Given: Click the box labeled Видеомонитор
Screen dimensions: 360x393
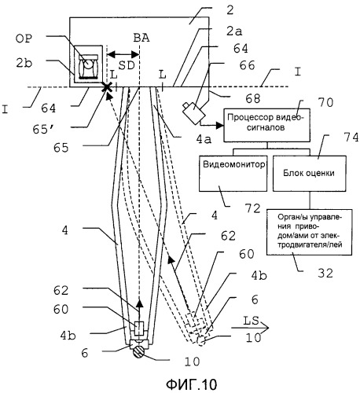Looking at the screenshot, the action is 233,174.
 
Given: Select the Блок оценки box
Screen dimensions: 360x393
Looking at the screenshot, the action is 310,174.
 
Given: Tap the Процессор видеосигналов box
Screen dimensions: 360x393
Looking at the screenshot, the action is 266,125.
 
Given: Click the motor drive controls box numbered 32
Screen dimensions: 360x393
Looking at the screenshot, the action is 309,232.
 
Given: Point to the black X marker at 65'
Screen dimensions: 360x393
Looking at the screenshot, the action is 107,87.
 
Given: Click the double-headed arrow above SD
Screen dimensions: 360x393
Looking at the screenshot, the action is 123,54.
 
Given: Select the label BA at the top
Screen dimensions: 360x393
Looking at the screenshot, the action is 141,39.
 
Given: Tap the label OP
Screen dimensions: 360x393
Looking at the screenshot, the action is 24,39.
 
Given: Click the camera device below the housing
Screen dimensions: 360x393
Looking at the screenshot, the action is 193,112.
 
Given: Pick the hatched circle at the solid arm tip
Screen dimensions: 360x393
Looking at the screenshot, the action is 138,352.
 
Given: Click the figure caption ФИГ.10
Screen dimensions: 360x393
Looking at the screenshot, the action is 192,384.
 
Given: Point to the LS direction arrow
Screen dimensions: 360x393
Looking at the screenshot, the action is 250,328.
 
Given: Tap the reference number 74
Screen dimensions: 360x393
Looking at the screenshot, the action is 351,138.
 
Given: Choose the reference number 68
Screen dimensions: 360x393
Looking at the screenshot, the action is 253,98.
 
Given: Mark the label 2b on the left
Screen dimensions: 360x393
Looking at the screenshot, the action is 24,63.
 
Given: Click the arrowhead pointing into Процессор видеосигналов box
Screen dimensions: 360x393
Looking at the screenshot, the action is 220,126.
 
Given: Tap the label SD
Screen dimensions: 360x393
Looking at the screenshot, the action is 127,65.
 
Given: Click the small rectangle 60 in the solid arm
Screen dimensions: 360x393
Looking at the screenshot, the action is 139,329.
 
